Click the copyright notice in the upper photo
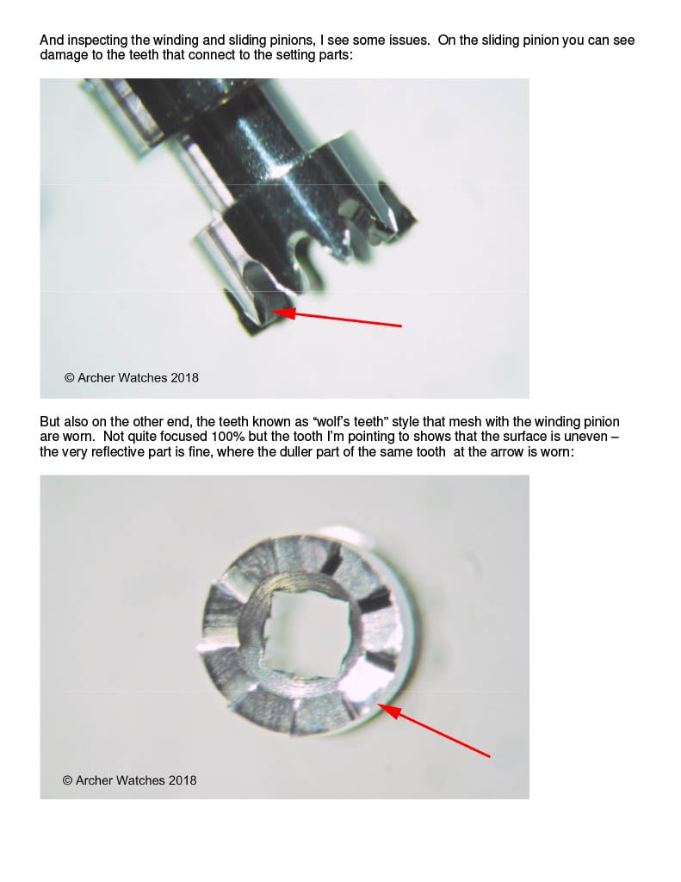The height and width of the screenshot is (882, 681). point(132,378)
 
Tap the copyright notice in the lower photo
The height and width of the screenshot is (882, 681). point(129,780)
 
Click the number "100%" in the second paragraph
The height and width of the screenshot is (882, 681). point(228,437)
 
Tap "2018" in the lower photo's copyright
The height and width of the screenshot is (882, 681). point(183,780)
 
